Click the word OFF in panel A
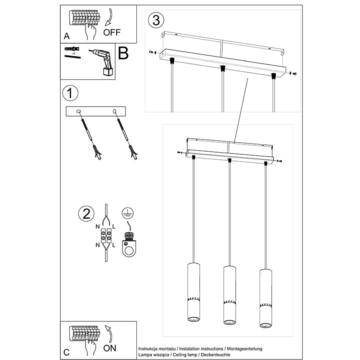coord(112,32)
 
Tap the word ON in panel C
coord(110,348)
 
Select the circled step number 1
coord(70,93)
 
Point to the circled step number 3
coord(156,20)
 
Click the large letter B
coord(123,53)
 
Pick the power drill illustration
coord(102,62)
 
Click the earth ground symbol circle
coord(128,213)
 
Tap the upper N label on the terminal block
coord(98,227)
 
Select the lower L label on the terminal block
coord(114,245)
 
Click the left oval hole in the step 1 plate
coord(79,111)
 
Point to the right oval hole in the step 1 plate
coord(115,111)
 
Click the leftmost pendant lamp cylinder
coord(193,292)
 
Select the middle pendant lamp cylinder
coord(229,295)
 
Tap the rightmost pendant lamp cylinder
coord(266,298)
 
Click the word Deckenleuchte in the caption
coord(216,355)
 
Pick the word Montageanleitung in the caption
coord(244,349)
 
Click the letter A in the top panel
coord(67,36)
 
